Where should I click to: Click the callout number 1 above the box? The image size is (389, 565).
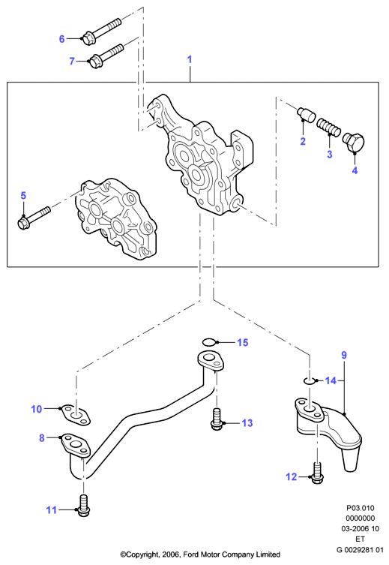click(x=190, y=59)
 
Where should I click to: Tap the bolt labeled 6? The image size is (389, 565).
click(x=102, y=32)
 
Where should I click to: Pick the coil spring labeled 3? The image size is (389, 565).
click(x=328, y=128)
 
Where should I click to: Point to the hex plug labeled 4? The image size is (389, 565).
click(x=353, y=143)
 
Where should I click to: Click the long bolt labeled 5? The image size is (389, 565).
click(x=34, y=218)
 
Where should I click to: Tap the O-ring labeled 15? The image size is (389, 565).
click(x=210, y=341)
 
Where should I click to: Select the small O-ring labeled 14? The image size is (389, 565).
click(x=309, y=380)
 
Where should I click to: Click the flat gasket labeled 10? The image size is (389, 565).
click(x=75, y=416)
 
